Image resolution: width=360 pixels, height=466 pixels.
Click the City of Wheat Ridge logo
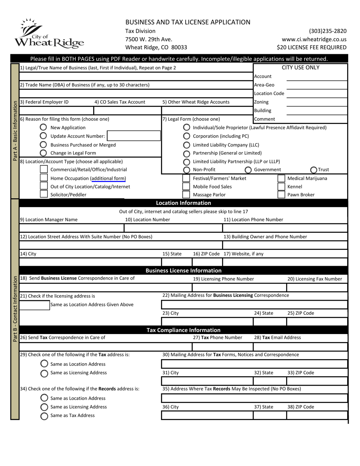coord(49,33)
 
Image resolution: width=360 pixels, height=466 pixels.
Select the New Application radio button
coord(43,127)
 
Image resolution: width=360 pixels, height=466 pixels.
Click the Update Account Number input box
coord(134,136)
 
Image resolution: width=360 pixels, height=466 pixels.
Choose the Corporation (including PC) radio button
coord(186,136)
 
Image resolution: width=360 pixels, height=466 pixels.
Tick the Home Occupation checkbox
coord(44,178)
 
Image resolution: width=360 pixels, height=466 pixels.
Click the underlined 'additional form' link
coord(109,178)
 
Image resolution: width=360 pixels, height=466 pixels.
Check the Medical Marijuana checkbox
coord(281,178)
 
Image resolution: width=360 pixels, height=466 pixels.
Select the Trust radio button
coord(314,169)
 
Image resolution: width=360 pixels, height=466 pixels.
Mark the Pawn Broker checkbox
coord(281,195)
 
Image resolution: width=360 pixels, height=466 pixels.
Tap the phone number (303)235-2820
coord(327,31)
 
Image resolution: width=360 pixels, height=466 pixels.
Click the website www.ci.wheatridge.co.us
coord(314,39)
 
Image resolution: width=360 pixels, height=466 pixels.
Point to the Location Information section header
coord(183,203)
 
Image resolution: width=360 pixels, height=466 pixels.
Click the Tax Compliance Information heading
coord(183,330)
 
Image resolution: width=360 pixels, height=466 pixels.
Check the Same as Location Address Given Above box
coord(34,305)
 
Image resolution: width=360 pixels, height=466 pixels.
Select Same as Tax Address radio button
coord(44,416)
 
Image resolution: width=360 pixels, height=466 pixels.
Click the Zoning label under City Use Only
coord(261,102)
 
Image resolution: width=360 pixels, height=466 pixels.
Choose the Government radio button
coord(248,169)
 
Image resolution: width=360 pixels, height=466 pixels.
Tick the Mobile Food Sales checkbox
coord(186,187)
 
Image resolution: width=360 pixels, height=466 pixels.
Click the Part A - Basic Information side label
coord(15,131)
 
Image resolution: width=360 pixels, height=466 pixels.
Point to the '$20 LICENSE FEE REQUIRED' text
coord(311,47)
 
